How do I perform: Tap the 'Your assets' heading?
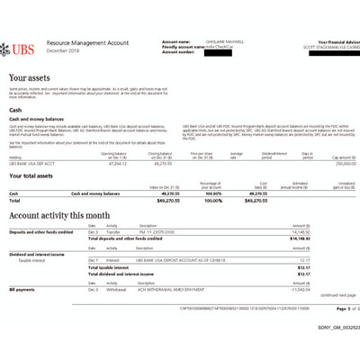(29, 79)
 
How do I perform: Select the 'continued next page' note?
(337, 296)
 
